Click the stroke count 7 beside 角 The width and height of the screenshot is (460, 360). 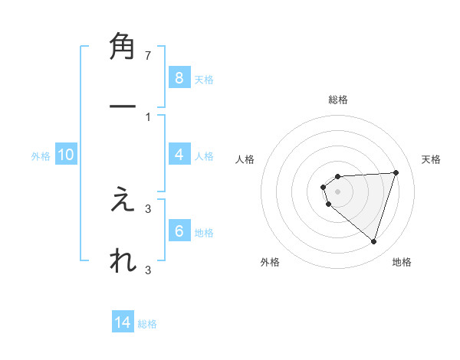148,56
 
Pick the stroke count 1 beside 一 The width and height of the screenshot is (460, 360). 148,116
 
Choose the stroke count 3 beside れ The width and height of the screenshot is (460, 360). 148,270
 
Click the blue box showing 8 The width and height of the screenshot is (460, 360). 179,77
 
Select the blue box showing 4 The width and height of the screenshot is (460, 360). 179,155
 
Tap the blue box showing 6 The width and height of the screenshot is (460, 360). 179,231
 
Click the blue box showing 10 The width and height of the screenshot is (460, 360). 66,155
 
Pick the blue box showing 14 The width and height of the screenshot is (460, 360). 123,322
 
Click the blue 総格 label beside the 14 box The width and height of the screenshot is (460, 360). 147,324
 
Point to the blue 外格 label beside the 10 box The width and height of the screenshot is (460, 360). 41,155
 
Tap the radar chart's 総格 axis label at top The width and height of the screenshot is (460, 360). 337,100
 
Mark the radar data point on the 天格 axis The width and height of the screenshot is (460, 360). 396,172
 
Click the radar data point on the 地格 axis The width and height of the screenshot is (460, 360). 373,241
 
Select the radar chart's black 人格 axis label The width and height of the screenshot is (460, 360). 245,159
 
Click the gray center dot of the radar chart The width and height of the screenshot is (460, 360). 337,191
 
